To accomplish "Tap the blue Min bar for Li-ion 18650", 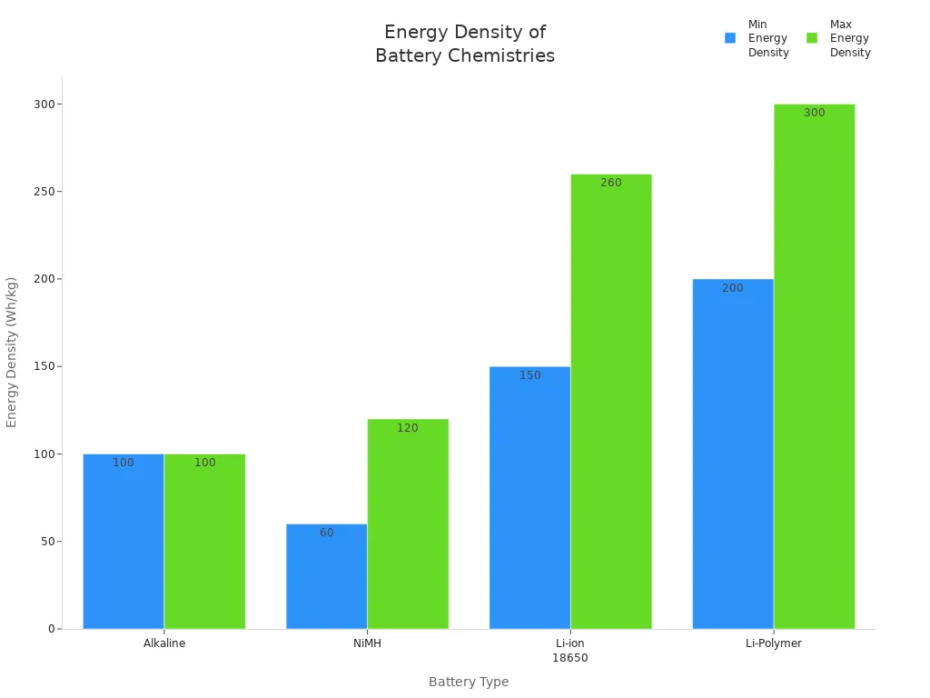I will (x=529, y=500).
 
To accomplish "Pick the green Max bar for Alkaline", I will (x=204, y=545).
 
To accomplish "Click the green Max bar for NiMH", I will (x=408, y=527).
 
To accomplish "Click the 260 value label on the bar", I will (x=611, y=183).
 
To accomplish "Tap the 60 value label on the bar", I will (x=326, y=533).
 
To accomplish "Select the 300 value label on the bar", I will (x=814, y=113).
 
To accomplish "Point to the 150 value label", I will (x=529, y=375).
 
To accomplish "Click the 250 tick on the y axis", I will (x=42, y=192).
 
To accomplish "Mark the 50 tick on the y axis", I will (x=45, y=542).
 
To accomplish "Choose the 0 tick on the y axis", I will (x=51, y=629).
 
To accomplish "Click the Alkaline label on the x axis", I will (x=164, y=643).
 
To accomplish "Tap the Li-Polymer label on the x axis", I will (x=774, y=643).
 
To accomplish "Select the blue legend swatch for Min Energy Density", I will (x=730, y=38).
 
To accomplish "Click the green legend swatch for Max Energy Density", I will (x=812, y=38).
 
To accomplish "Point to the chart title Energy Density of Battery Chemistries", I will (x=465, y=44).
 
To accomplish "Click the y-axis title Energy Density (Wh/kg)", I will (x=12, y=352).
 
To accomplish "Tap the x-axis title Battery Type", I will (x=469, y=682).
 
